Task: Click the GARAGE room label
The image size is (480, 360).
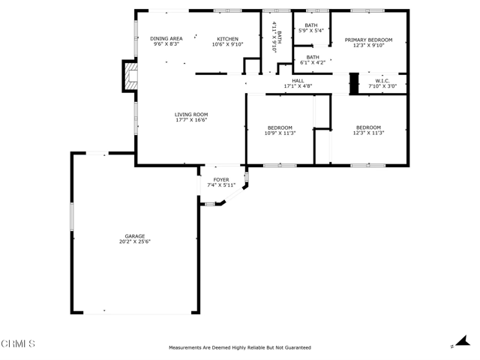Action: point(135,236)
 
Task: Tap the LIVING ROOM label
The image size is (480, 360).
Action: point(191,115)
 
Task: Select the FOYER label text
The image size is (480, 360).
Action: point(221,180)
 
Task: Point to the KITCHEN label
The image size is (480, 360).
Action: point(227,39)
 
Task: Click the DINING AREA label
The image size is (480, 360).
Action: point(166,38)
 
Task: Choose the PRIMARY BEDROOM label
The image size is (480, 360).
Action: point(368,40)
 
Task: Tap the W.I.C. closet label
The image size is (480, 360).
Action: point(382,81)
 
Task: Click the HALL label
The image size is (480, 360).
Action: point(298,81)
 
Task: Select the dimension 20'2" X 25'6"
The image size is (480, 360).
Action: point(135,241)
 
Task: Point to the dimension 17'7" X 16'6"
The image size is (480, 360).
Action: point(191,120)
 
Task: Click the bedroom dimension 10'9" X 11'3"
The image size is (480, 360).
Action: point(280,133)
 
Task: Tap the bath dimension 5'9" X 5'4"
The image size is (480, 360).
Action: point(311,31)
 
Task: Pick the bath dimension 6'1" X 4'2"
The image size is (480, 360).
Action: point(313,63)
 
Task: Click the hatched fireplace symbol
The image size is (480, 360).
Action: point(130,76)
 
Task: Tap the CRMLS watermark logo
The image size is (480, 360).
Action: point(18,343)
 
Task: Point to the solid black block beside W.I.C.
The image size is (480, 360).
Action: point(354,83)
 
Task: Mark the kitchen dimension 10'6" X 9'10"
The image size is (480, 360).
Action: point(227,44)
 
